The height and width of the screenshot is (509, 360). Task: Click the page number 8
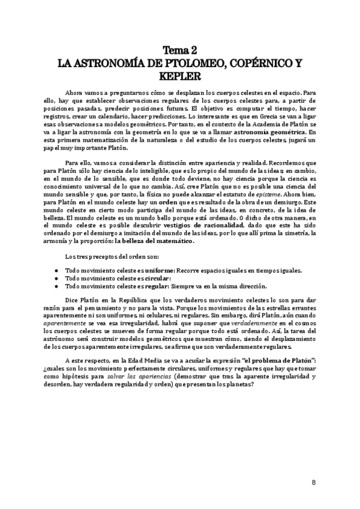pyautogui.click(x=314, y=483)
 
